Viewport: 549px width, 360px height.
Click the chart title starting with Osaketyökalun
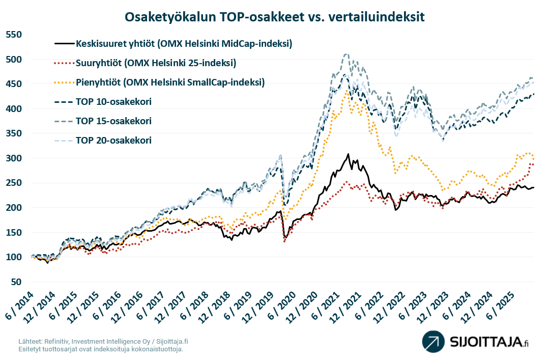pos(275,17)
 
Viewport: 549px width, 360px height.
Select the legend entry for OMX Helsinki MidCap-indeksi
pos(184,44)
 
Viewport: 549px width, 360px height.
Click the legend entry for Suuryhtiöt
pos(155,64)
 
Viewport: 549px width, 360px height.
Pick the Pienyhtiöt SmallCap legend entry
pos(170,82)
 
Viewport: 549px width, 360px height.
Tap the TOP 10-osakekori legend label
pos(113,102)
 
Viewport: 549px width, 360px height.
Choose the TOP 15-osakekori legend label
pos(113,121)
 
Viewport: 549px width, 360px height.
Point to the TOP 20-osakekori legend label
pos(113,141)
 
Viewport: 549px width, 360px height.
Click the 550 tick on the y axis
pos(15,35)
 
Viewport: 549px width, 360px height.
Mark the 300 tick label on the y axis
pos(15,158)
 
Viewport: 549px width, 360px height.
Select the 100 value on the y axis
pos(15,257)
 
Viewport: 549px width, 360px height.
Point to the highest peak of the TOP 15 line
pos(346,53)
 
